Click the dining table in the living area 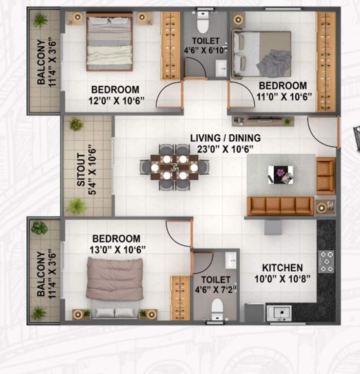[x=174, y=167]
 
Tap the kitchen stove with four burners [x=326, y=261]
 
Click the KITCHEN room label [x=282, y=268]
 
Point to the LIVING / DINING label [x=225, y=138]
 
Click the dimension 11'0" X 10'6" [x=282, y=96]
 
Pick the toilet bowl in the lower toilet [x=217, y=308]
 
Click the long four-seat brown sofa [x=280, y=206]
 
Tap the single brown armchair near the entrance [x=325, y=176]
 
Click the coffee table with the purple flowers [x=281, y=174]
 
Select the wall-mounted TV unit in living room [x=263, y=120]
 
